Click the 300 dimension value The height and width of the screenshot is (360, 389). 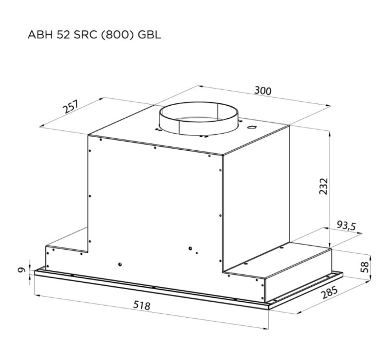point(263,91)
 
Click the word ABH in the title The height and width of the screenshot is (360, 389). point(39,35)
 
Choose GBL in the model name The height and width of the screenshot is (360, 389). point(150,35)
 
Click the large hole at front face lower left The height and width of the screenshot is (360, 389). point(120,264)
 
